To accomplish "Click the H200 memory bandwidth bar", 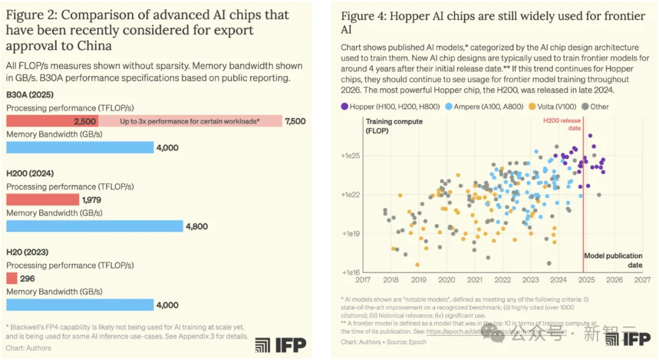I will pyautogui.click(x=95, y=226).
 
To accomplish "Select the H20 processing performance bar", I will pyautogui.click(x=12, y=278).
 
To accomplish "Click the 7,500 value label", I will pyautogui.click(x=295, y=121).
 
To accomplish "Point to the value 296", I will pyautogui.click(x=27, y=278).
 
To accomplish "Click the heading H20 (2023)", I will pyautogui.click(x=27, y=252).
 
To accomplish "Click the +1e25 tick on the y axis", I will pyautogui.click(x=352, y=156).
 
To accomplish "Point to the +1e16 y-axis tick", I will pyautogui.click(x=352, y=272).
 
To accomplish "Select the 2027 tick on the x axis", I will pyautogui.click(x=642, y=280).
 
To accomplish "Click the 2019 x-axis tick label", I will pyautogui.click(x=419, y=280).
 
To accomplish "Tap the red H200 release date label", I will pyautogui.click(x=562, y=124).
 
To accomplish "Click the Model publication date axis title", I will pyautogui.click(x=613, y=261).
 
